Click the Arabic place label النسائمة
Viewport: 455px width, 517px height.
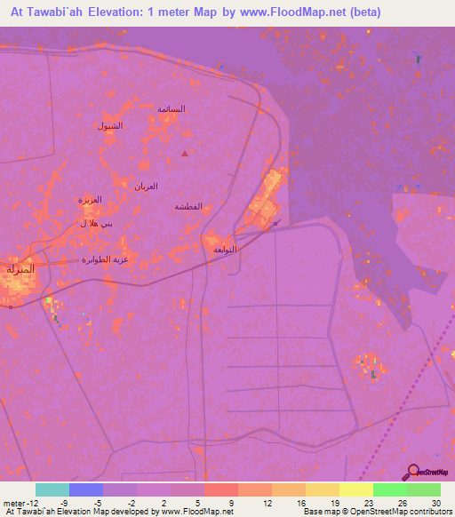click(x=171, y=108)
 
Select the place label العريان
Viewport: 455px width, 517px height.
click(x=146, y=186)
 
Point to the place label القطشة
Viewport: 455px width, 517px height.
click(x=188, y=206)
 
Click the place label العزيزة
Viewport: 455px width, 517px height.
click(x=90, y=200)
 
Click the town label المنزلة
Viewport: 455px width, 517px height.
click(x=20, y=268)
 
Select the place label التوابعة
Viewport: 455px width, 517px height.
click(x=225, y=250)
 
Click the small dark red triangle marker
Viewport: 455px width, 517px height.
click(x=185, y=154)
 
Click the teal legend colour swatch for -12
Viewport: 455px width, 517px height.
click(x=52, y=489)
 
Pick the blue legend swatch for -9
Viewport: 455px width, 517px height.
click(x=86, y=489)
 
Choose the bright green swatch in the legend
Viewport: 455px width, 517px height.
click(x=389, y=489)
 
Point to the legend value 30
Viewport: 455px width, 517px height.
click(x=435, y=502)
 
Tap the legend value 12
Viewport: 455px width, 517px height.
click(x=266, y=502)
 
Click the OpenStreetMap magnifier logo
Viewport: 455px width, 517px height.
click(x=412, y=473)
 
